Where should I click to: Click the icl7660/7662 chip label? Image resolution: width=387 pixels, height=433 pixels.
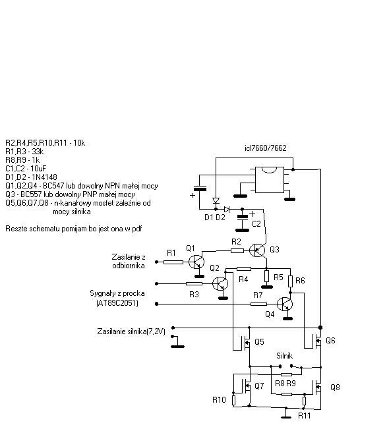click(266, 148)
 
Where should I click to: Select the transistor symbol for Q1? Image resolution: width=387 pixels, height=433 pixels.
click(196, 262)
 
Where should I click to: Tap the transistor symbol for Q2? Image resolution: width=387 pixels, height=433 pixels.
click(220, 283)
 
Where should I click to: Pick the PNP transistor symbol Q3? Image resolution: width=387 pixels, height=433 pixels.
click(257, 250)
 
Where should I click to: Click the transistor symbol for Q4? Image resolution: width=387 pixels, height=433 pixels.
click(285, 304)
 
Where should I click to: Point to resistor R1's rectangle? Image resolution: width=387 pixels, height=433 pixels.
click(173, 262)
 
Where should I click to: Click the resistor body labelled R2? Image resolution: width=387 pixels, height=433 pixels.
click(237, 250)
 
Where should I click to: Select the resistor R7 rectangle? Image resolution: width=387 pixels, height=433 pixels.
click(259, 304)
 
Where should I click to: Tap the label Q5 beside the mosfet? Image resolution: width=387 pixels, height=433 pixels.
click(259, 342)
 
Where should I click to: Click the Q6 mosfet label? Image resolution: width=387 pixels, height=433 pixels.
click(330, 341)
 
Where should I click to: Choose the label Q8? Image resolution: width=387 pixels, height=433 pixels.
click(335, 388)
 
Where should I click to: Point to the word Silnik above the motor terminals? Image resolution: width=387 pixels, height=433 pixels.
click(285, 356)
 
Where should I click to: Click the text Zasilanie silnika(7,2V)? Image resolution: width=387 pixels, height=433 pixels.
click(131, 332)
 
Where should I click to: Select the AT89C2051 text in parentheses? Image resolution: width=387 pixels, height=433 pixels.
click(117, 303)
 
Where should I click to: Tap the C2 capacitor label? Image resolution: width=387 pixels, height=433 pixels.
click(256, 223)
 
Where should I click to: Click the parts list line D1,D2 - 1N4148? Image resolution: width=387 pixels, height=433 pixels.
click(31, 177)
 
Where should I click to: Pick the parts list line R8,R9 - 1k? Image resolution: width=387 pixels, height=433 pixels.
click(22, 160)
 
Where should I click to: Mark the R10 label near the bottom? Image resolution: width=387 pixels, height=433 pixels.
click(219, 400)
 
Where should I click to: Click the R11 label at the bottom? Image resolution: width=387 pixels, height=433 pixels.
click(305, 416)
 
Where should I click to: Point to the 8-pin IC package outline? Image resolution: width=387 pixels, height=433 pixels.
click(270, 180)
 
